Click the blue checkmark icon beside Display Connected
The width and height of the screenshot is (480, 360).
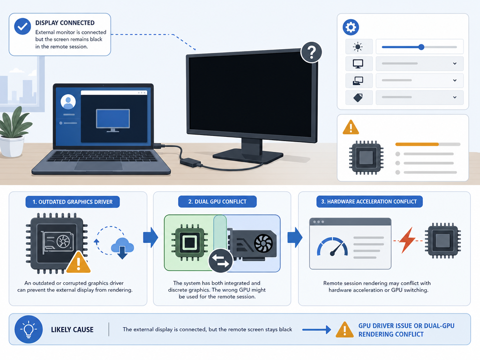(x=22, y=27)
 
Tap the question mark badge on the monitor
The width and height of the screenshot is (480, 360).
(x=311, y=52)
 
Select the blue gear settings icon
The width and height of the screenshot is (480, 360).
(x=351, y=27)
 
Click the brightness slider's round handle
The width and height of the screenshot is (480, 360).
(x=421, y=47)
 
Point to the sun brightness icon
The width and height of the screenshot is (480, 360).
(x=358, y=47)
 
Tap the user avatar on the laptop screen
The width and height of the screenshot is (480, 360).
(x=68, y=102)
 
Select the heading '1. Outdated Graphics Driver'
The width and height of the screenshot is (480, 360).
(x=73, y=202)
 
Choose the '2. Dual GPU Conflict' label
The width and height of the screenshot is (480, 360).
(x=217, y=202)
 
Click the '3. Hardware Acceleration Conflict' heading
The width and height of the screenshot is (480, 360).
(x=369, y=202)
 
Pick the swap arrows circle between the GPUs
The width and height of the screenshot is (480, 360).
(x=220, y=261)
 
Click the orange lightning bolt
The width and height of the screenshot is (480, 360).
(x=408, y=240)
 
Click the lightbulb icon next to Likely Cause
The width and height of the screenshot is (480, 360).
(x=29, y=330)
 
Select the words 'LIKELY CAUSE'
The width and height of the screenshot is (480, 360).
(x=72, y=330)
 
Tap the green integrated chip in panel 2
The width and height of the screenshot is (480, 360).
(x=189, y=242)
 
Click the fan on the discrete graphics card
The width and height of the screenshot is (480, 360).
(x=263, y=243)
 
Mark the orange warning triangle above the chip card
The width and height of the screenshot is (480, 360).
(x=351, y=127)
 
